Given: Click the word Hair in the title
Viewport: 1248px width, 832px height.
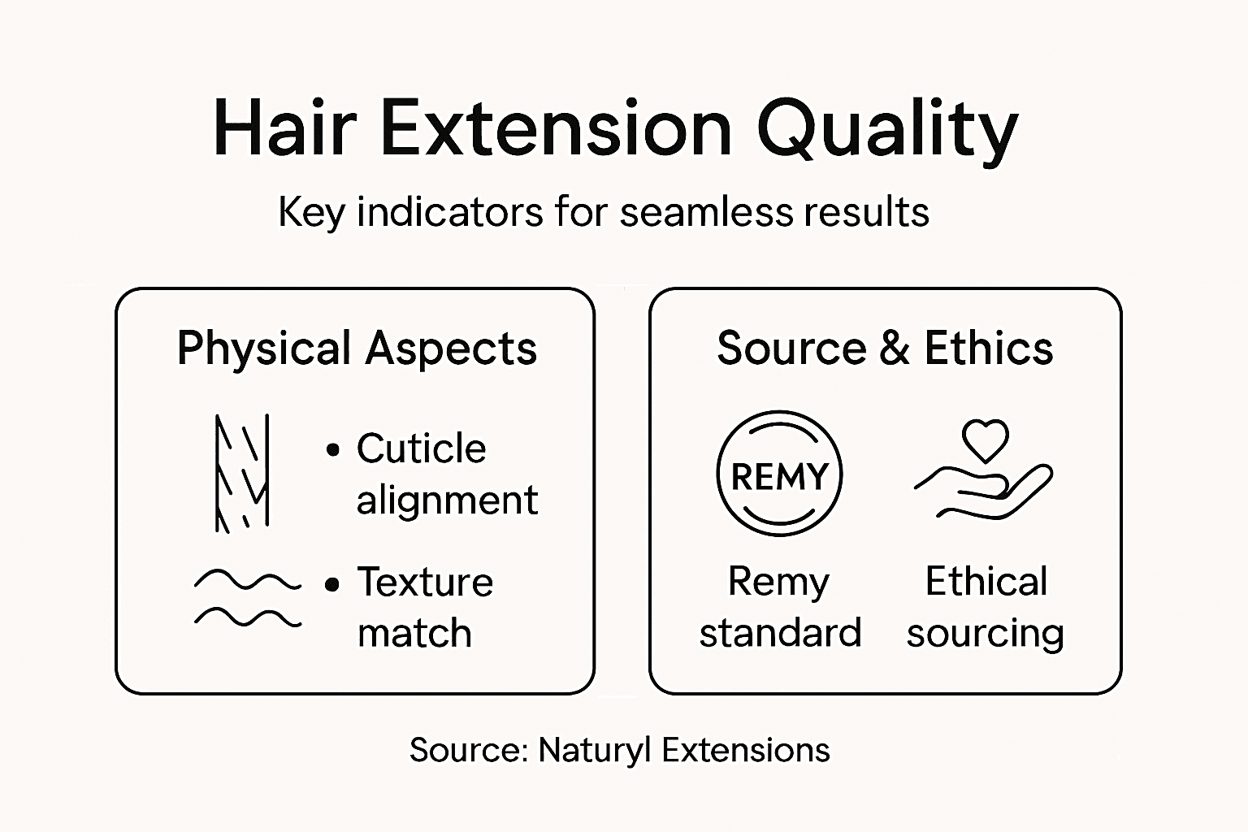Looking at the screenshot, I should point(284,128).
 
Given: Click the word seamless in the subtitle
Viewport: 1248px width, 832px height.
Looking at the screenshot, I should point(705,213).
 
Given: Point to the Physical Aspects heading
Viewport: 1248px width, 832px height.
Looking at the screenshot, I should point(357,349).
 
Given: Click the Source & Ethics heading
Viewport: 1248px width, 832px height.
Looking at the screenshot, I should point(885,349).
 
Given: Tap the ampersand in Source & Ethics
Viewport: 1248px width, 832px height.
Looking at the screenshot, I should point(895,349).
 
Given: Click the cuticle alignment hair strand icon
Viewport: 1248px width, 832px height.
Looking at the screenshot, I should point(242,472).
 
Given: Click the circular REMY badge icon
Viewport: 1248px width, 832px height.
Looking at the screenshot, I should point(779,474).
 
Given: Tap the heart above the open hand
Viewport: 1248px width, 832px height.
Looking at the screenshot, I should point(986,440).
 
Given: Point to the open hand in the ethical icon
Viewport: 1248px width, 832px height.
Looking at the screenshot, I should point(984,491).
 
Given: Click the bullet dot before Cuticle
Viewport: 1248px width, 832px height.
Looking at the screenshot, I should point(332,450).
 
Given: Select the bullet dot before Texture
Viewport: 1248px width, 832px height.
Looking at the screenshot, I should point(332,584).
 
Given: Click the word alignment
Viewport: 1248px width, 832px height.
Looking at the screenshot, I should point(447,500).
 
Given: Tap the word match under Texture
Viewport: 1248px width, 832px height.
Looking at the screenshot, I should point(414,634).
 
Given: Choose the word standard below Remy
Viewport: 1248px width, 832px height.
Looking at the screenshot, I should point(780,634).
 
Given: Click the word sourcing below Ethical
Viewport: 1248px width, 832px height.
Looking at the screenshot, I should point(985,634).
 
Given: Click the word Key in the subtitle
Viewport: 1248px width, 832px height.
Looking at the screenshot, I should point(311,213).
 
